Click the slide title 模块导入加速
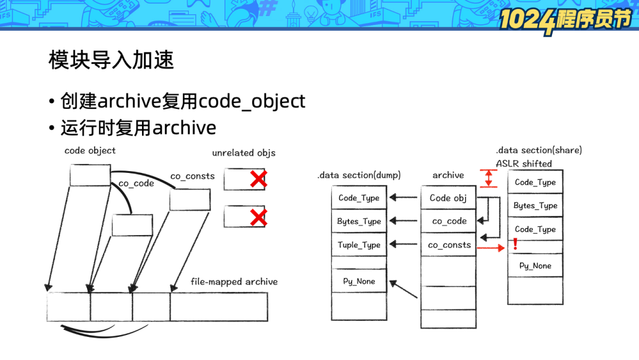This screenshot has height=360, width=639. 111,60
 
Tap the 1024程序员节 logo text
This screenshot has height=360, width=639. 564,19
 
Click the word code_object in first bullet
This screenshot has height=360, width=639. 252,101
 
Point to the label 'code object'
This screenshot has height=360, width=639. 90,150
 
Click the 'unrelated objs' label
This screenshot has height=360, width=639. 244,153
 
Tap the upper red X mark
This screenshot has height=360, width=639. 258,179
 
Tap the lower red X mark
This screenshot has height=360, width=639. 258,218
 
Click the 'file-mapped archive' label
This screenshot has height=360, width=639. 234,281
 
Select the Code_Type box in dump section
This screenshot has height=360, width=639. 359,198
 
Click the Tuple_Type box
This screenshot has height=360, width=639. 359,245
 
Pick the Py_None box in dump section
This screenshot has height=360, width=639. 359,281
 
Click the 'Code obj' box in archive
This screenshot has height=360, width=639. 448,198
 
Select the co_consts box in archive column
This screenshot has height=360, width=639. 449,245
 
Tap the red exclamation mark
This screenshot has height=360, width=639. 515,243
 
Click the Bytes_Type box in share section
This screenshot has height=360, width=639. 535,205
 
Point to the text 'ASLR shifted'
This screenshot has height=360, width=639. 524,163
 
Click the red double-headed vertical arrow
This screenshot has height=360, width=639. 488,178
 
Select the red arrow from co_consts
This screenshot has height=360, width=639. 491,249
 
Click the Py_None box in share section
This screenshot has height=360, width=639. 535,266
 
